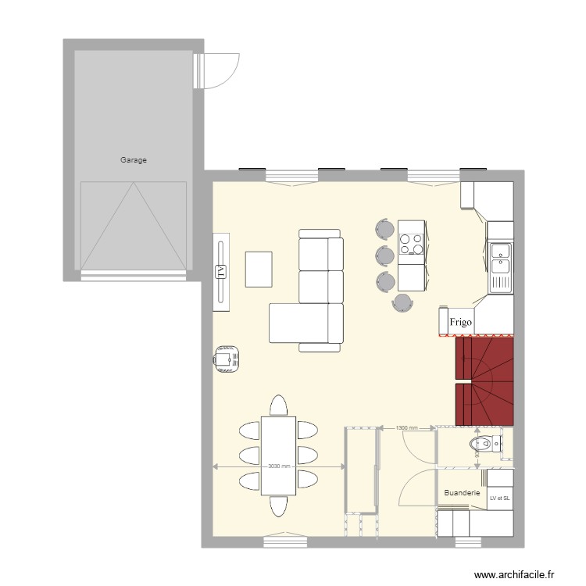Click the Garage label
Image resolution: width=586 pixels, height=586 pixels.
coord(133,160)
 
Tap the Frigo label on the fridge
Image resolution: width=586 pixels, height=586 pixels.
coord(459,321)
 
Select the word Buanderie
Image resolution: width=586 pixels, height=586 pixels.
coord(461,493)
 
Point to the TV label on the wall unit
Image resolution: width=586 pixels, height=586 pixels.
coord(220,272)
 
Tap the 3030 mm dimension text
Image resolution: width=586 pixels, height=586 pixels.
coord(279,466)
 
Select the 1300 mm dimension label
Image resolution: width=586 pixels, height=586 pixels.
coord(407,428)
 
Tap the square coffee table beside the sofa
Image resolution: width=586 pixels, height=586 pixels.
coord(259,269)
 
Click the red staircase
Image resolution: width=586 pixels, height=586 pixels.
coord(484,381)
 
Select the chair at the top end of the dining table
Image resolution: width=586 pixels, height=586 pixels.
coord(279,406)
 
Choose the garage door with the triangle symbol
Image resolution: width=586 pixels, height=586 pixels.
coord(134,226)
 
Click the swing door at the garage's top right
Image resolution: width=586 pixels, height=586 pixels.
coord(219,71)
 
